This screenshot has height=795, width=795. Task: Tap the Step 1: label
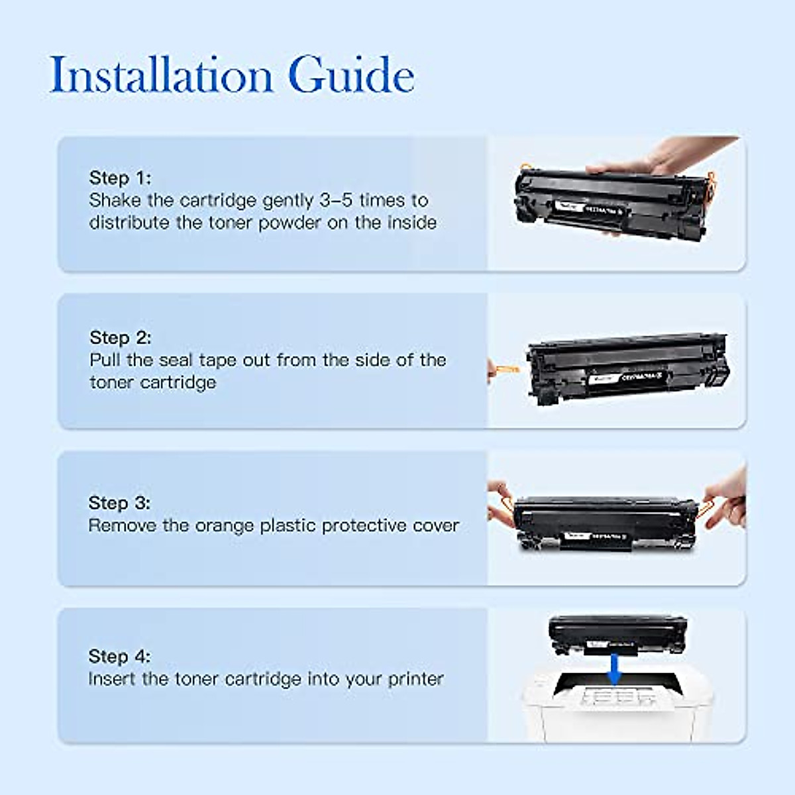pyautogui.click(x=120, y=178)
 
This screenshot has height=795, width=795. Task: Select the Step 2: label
pyautogui.click(x=121, y=337)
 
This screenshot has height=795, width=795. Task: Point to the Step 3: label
pyautogui.click(x=119, y=503)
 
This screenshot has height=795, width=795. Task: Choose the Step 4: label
pyautogui.click(x=119, y=656)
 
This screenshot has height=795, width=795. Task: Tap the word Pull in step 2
pyautogui.click(x=105, y=360)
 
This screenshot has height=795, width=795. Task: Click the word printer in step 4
pyautogui.click(x=415, y=679)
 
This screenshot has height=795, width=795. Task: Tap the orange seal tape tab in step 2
pyautogui.click(x=502, y=368)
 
